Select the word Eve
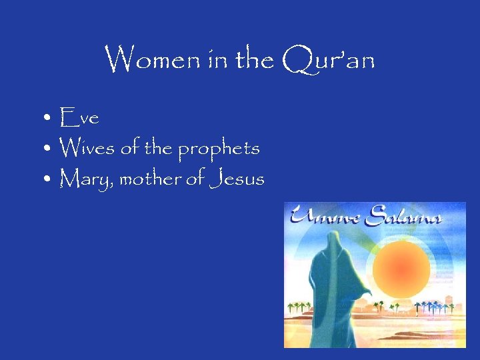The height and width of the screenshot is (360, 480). [x=79, y=119]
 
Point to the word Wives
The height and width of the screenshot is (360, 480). [x=88, y=148]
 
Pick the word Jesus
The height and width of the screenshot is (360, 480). [x=236, y=179]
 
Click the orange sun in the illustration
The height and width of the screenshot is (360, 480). [x=397, y=267]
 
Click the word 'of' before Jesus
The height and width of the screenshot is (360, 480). [x=193, y=179]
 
